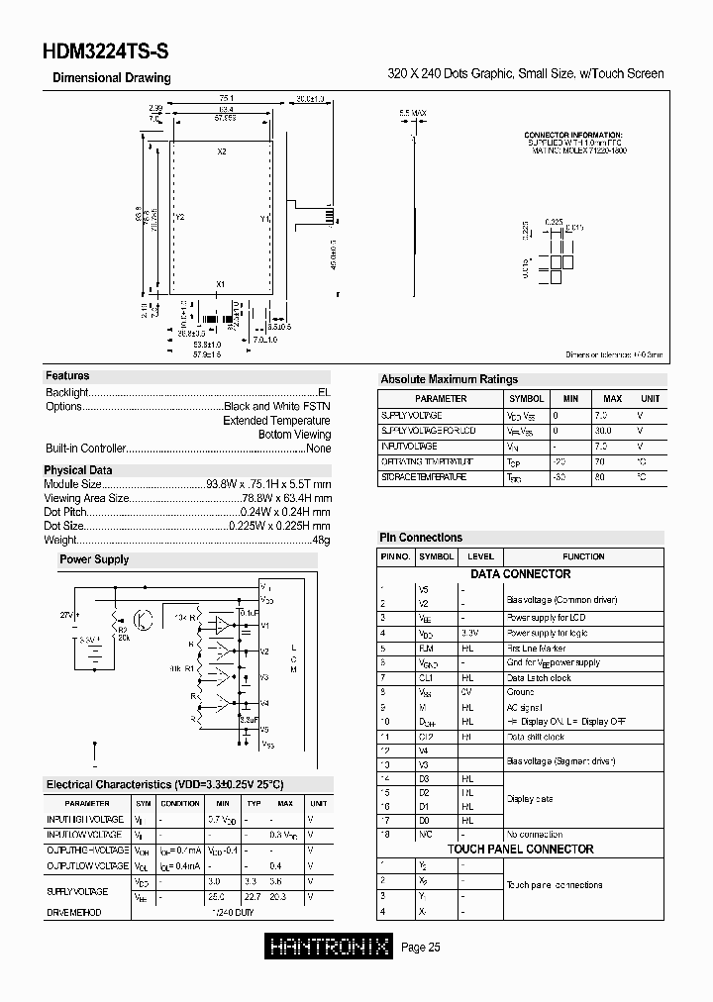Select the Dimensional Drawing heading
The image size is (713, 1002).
(111, 78)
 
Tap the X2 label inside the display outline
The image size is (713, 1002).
(221, 151)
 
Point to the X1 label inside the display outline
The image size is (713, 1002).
(221, 284)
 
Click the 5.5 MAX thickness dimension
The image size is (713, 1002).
(412, 114)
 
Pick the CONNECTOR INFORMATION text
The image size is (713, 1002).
(572, 134)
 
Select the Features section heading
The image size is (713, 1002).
(67, 376)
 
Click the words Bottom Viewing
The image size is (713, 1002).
(294, 435)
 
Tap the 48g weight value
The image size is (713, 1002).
(321, 540)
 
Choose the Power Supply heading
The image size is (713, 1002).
(94, 559)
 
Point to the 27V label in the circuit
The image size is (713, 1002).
(67, 615)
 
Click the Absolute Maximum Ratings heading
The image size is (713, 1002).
(449, 379)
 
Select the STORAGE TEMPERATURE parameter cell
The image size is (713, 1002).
(424, 477)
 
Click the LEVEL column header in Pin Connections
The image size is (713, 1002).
(480, 556)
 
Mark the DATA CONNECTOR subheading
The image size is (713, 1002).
(520, 574)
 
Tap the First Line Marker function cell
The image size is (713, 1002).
(538, 648)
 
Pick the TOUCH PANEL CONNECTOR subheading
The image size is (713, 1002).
(520, 850)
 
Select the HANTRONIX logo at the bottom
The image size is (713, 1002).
(331, 948)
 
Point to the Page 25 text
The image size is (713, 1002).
(421, 948)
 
